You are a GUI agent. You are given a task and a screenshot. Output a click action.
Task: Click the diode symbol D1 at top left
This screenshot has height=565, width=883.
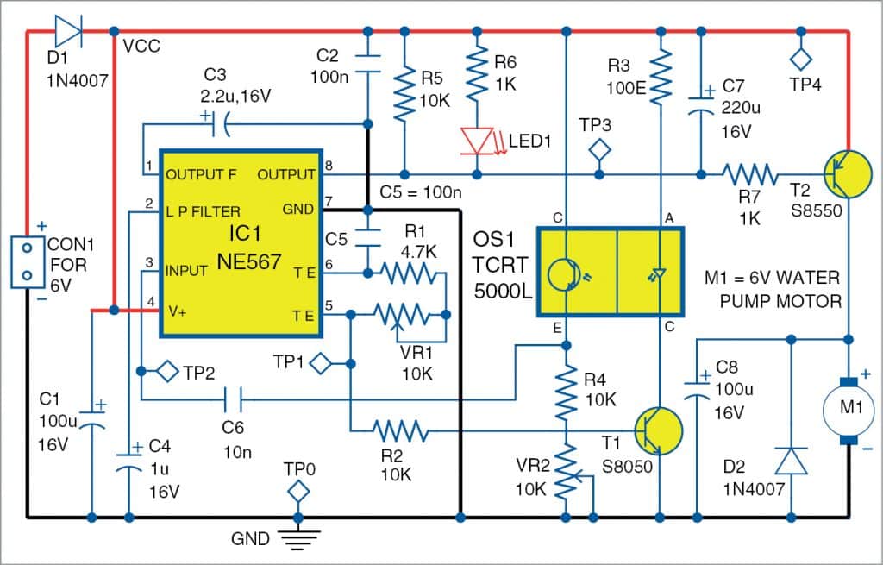tap(68, 32)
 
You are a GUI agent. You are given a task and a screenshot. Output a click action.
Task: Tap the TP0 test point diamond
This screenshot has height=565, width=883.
tap(298, 491)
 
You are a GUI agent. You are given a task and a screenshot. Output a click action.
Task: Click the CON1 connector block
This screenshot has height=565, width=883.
tap(27, 260)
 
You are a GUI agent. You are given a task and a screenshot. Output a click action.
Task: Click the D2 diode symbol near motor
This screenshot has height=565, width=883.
tap(789, 461)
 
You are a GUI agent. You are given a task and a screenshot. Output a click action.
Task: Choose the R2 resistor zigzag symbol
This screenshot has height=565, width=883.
tap(399, 430)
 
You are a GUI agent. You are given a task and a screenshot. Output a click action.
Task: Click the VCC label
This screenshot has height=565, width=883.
tap(141, 45)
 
